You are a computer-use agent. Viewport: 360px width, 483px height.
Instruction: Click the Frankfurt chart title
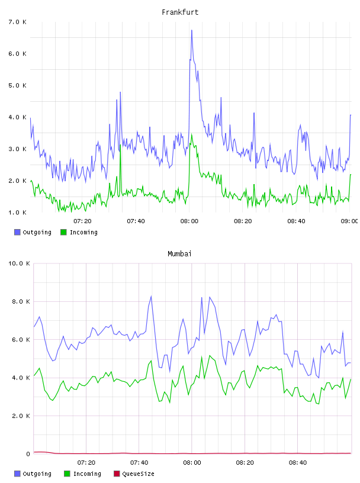pos(180,12)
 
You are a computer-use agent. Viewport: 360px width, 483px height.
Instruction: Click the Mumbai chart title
pos(179,254)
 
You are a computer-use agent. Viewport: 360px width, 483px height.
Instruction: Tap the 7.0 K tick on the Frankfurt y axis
pos(18,22)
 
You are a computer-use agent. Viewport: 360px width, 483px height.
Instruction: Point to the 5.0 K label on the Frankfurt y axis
pos(18,85)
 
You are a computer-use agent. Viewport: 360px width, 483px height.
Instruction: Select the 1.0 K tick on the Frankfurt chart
pos(18,212)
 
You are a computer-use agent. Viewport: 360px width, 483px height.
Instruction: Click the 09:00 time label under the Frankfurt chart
pos(349,221)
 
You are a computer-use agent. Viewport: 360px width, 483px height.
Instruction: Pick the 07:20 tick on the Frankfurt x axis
pos(82,221)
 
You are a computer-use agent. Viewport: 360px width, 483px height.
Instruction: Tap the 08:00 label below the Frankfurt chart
pos(189,221)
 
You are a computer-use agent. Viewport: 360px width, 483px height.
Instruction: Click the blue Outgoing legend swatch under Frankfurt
pos(17,232)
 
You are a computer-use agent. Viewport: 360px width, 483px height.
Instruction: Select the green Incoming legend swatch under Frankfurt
pos(63,232)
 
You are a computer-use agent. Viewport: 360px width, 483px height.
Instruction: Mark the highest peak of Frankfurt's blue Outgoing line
pos(192,30)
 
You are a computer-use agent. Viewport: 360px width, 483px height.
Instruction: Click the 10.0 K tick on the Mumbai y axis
pos(19,263)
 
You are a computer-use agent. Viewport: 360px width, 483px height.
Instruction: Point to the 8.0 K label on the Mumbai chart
pos(21,301)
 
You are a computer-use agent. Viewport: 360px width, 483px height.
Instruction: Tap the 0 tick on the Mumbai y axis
pos(28,454)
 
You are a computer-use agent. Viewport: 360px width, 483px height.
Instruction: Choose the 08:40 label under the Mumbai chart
pos(298,462)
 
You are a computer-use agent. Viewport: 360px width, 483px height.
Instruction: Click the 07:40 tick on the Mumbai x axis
pos(139,462)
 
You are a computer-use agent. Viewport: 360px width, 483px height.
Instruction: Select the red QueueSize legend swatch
pos(117,474)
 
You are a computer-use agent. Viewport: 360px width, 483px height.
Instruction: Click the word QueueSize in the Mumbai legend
pos(138,474)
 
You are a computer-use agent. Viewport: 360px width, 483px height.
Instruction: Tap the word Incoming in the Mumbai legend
pos(87,474)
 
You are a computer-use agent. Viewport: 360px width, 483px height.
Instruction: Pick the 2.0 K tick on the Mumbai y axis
pos(21,416)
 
